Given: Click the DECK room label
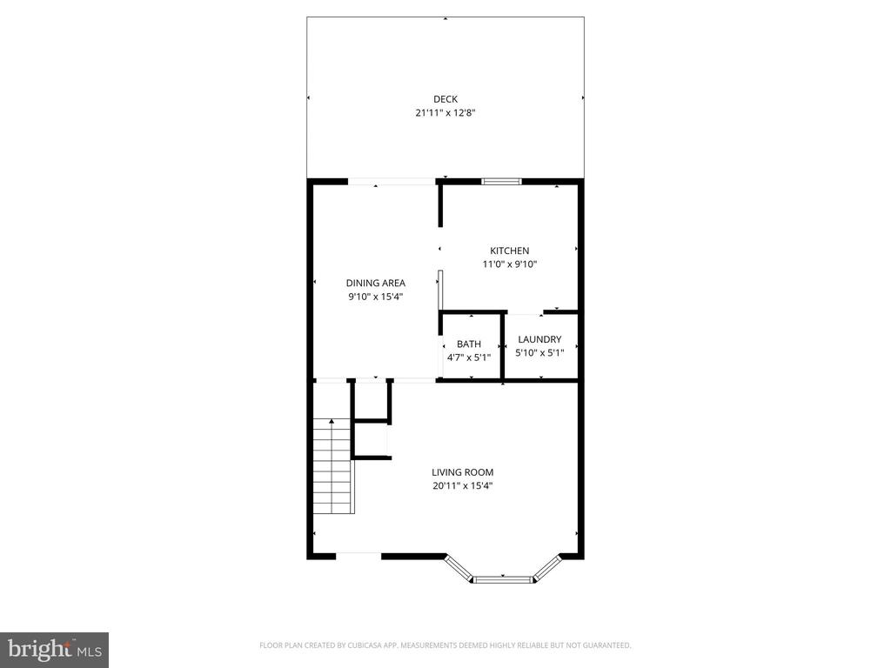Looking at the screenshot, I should point(445,98).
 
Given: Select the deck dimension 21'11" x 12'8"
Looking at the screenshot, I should point(445,112).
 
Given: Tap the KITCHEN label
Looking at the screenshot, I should point(509,250).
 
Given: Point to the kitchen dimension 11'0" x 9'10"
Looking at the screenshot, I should point(509,264).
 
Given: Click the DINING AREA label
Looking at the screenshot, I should point(375,283).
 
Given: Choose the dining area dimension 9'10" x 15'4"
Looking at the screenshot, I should point(375,297).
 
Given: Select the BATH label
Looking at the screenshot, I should point(468,344).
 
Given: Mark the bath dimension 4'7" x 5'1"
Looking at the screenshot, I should point(468,357).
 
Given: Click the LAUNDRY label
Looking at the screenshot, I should point(539,339).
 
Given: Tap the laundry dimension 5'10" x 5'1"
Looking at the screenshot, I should point(539,353).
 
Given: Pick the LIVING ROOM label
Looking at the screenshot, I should point(462,472).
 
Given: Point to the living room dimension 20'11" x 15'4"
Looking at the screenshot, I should point(462,486).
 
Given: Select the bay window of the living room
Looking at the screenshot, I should point(502,575).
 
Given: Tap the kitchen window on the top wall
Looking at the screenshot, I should point(501,181).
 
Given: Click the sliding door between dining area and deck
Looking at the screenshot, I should point(392,181).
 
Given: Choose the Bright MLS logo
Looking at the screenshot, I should point(54,649).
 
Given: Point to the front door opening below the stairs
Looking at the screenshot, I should point(358,554).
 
